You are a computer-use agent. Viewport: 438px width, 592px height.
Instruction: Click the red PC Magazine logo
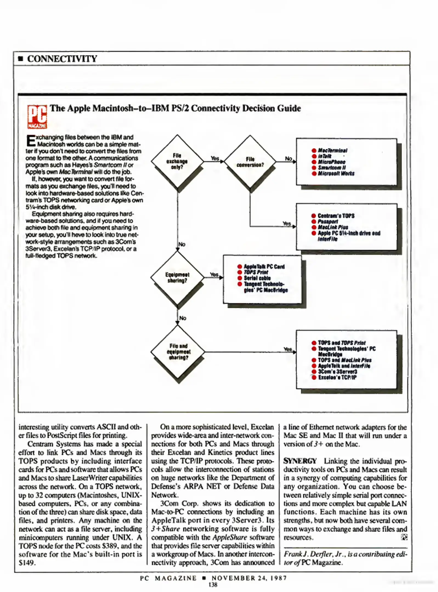tap(37, 117)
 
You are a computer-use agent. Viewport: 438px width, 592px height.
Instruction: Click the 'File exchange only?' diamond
tap(177, 161)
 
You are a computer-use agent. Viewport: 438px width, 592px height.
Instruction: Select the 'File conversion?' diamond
tap(250, 162)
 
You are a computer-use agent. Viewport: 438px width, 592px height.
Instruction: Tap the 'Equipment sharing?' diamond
tap(177, 277)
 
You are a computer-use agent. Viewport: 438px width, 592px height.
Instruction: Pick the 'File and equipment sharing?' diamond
tap(178, 352)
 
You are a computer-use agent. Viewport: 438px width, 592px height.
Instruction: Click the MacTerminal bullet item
tap(332, 150)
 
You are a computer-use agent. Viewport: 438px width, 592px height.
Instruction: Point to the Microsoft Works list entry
tap(336, 173)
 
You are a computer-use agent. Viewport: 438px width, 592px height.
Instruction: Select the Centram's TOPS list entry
tap(336, 216)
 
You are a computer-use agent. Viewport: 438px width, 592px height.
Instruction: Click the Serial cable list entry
tap(257, 278)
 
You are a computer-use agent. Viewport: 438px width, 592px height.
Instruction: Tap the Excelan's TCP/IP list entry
tap(337, 377)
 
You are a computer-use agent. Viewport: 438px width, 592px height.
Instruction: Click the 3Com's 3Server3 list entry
tap(337, 372)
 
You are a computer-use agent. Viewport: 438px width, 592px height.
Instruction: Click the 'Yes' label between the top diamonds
tap(214, 158)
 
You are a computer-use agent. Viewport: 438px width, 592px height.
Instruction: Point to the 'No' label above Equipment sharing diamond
tap(182, 244)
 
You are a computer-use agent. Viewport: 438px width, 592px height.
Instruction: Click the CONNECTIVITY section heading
tap(62, 59)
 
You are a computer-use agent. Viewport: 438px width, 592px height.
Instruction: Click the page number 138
tap(213, 585)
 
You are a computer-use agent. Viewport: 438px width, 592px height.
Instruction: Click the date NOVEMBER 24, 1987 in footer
tap(249, 578)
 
